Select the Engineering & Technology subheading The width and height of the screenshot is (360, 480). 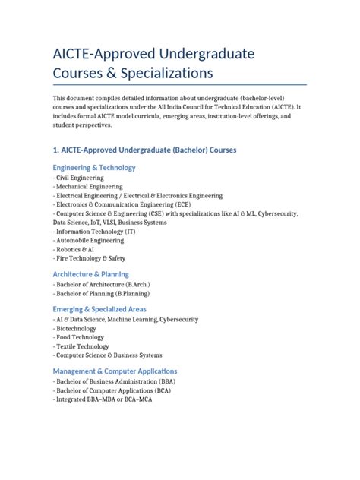pos(94,167)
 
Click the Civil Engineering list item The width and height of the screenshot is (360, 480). pos(78,178)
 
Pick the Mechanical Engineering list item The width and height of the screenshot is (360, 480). pos(89,187)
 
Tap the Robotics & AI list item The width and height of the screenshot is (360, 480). pos(75,248)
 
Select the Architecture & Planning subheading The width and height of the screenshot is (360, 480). pos(91,274)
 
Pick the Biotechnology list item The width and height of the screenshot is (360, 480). pos(75,329)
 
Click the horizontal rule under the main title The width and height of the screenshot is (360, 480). pos(179,85)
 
